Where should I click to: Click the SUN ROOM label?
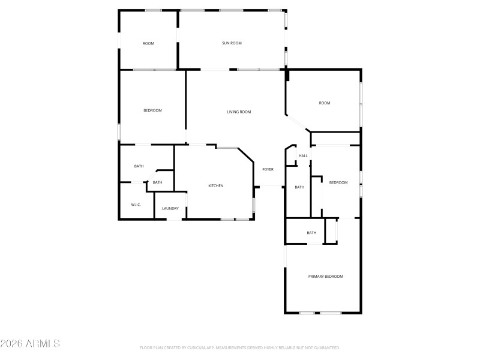click(x=232, y=43)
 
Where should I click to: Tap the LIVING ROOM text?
click(x=239, y=112)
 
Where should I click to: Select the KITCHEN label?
click(x=216, y=186)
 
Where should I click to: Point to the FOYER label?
click(x=268, y=170)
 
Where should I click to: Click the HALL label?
click(x=303, y=156)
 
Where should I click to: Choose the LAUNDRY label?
click(x=170, y=208)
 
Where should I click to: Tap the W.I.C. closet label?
click(x=136, y=205)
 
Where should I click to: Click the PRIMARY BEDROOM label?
click(x=326, y=277)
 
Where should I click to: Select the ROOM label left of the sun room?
click(x=148, y=43)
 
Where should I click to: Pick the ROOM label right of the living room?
click(x=325, y=103)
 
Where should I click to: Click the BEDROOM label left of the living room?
click(x=152, y=110)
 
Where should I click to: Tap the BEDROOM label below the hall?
click(x=338, y=183)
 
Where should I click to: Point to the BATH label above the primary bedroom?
click(x=311, y=233)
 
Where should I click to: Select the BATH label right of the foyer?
click(x=299, y=187)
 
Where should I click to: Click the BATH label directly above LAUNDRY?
click(x=157, y=182)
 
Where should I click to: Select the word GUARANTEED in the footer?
click(x=326, y=348)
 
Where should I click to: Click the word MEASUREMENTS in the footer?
click(x=246, y=348)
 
